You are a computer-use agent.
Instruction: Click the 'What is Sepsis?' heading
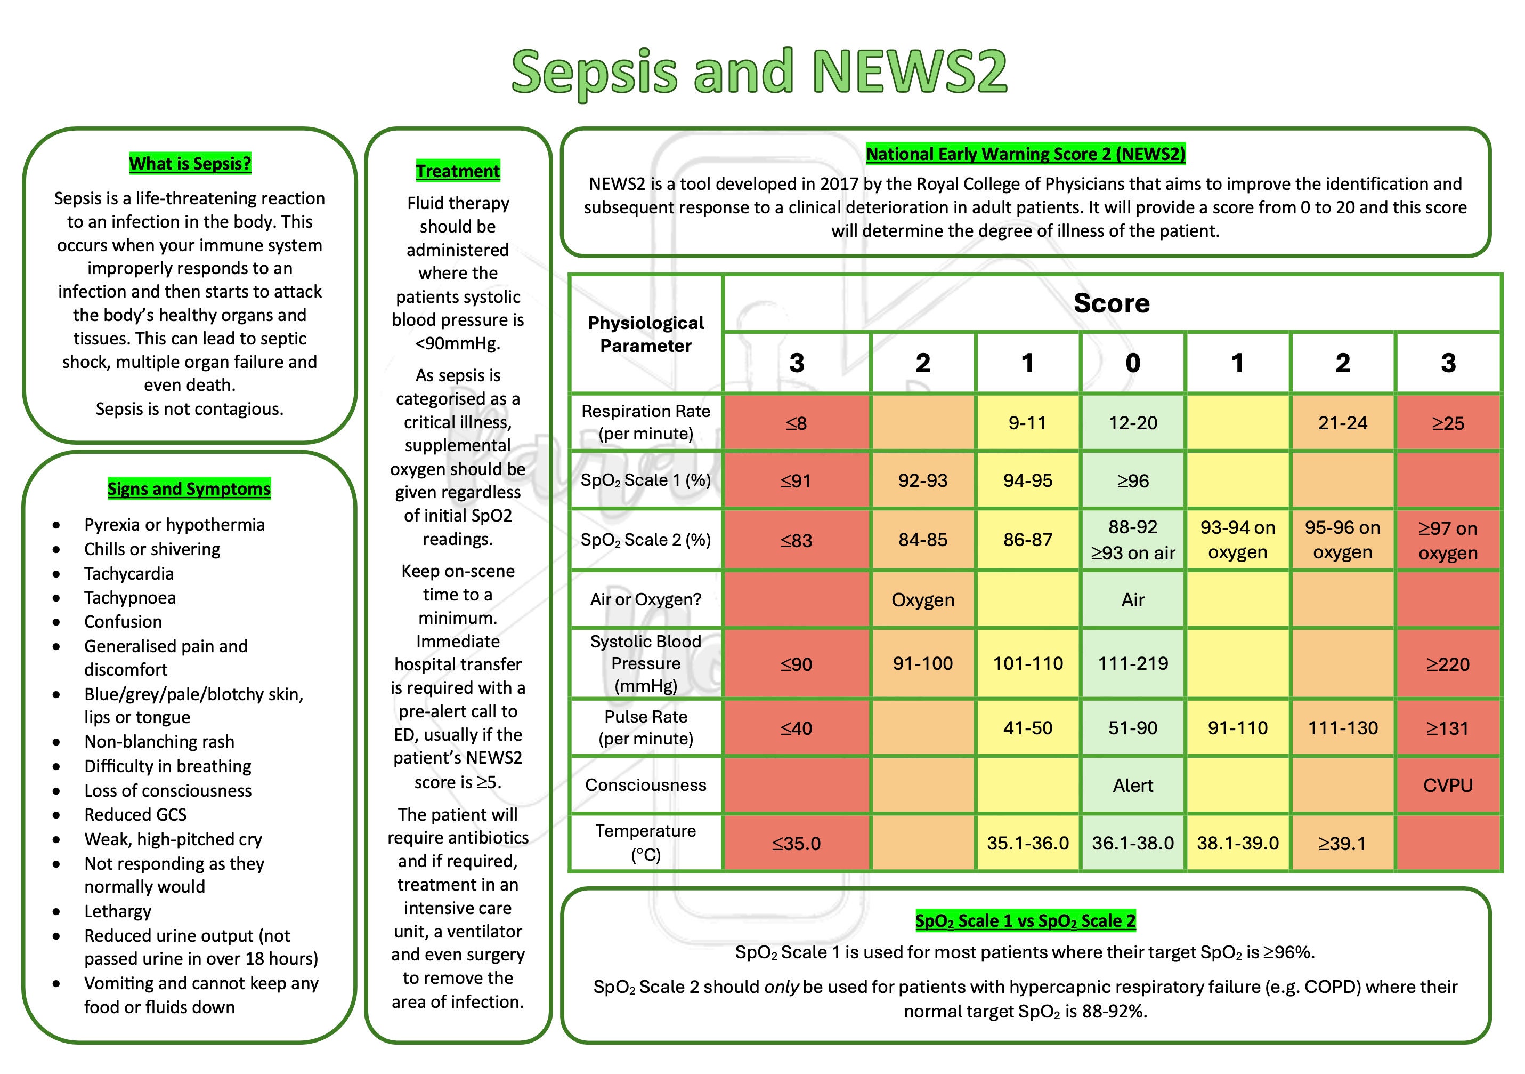190,164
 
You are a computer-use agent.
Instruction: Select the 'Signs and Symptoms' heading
189,489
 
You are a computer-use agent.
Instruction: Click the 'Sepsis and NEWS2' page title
759,72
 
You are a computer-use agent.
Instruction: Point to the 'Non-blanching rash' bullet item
159,742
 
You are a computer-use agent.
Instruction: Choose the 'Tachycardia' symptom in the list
129,574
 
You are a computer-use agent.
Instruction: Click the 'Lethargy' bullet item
118,911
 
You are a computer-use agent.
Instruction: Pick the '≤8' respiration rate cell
797,423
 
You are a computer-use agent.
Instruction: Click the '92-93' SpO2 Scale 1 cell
922,480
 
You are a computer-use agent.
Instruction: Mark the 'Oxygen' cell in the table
922,600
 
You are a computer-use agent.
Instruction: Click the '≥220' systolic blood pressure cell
1448,664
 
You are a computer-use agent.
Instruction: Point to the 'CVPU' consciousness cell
1448,786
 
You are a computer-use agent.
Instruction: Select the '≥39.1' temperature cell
1342,844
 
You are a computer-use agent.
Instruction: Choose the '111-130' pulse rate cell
1342,728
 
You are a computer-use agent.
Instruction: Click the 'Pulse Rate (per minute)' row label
646,728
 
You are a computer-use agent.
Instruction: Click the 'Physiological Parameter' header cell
646,334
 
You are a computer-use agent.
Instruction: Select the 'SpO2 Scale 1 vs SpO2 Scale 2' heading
1025,921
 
